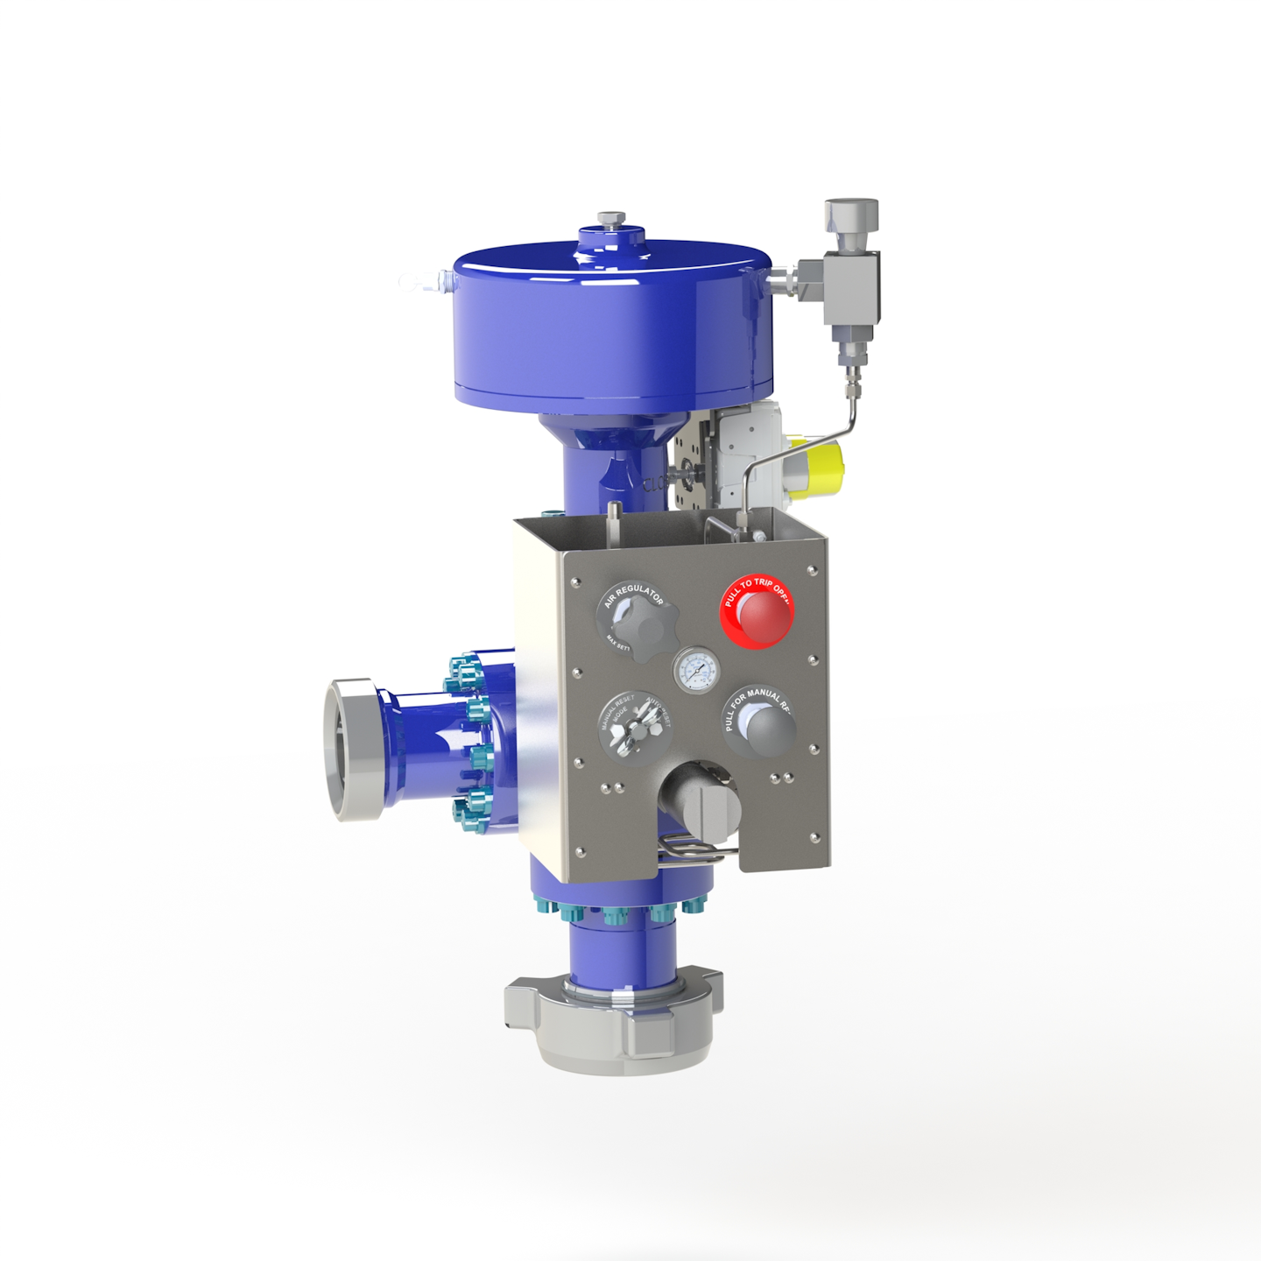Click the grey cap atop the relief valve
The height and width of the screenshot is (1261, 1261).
851,215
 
